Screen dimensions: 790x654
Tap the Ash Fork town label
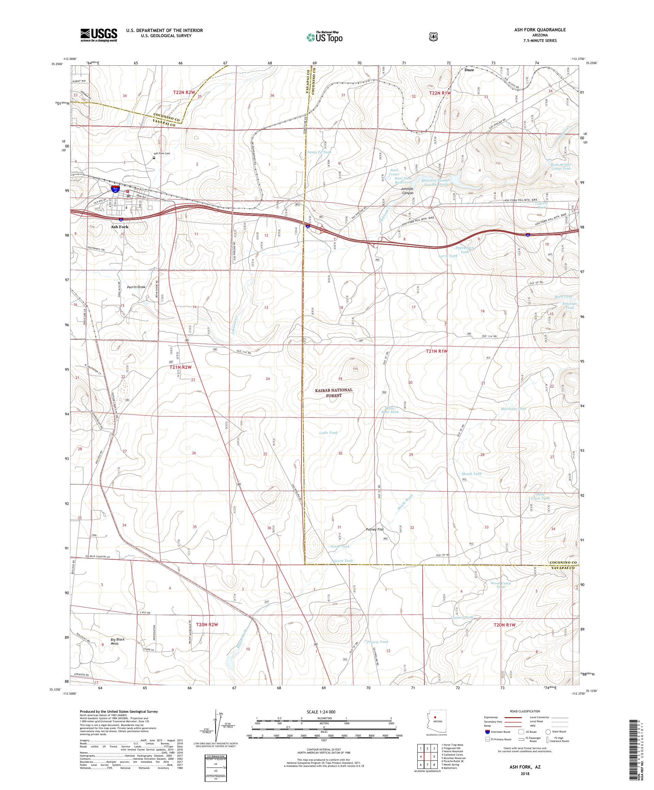click(119, 227)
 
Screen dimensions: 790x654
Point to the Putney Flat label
click(374, 529)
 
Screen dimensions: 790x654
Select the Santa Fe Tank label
click(320, 152)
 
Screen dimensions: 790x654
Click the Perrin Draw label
click(136, 287)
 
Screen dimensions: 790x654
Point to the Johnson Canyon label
click(407, 191)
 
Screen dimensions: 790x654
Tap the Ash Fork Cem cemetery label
click(162, 153)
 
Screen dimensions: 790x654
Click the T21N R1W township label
click(437, 351)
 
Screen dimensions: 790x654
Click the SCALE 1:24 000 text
click(324, 712)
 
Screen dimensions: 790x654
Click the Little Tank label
click(328, 432)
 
